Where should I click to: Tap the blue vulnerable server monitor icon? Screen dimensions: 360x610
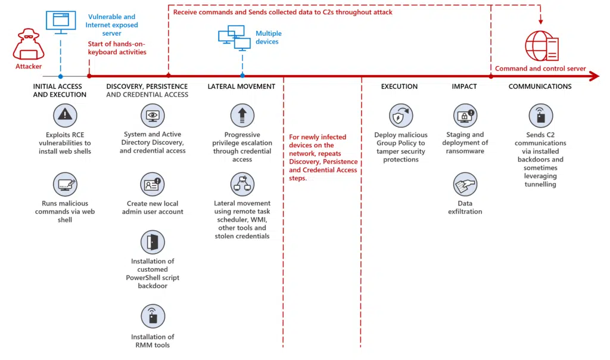coord(61,20)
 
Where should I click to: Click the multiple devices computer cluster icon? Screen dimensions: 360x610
coord(235,38)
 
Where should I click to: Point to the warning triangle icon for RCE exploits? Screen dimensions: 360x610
coord(65,114)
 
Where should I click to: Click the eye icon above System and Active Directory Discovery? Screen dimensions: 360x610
coord(152,115)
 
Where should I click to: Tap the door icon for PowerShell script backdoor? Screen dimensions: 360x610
coord(152,242)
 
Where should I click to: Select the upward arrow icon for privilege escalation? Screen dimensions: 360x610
coord(242,115)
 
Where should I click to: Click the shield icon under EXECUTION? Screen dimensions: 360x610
coord(400,115)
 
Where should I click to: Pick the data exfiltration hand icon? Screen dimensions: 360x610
coord(465,185)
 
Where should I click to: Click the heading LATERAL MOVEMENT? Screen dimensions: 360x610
coord(241,86)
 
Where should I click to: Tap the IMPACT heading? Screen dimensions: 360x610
coord(464,86)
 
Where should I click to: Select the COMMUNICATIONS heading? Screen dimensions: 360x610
coord(540,86)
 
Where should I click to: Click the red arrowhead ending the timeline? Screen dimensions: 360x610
coord(594,76)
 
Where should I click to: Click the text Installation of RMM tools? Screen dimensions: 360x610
coord(152,341)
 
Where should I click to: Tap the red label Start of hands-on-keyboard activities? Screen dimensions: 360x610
coord(117,48)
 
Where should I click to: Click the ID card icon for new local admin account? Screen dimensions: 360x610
coord(152,184)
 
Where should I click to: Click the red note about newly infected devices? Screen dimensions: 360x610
coord(322,157)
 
